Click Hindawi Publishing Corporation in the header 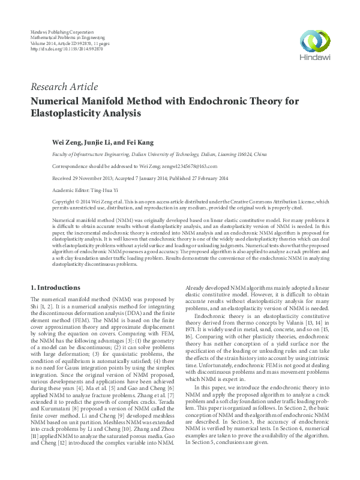point(62,31)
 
